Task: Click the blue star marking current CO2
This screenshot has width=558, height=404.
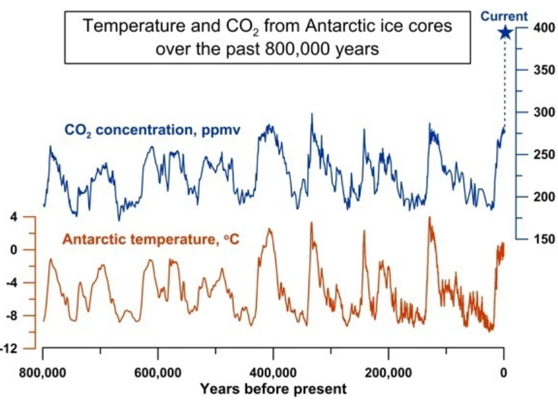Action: pos(505,32)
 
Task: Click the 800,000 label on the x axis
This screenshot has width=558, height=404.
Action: pos(43,372)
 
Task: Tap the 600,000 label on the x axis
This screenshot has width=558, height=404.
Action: pos(158,372)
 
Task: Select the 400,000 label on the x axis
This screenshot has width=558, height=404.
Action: pos(274,372)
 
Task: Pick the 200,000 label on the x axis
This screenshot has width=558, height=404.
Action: pos(389,372)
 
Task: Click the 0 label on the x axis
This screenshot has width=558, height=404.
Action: pos(504,372)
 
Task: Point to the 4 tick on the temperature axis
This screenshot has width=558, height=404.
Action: pos(14,217)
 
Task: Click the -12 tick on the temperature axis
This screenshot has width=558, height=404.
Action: pos(11,349)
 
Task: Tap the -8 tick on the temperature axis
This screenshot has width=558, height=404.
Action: pos(12,316)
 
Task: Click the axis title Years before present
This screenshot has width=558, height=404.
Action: pos(273,389)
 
